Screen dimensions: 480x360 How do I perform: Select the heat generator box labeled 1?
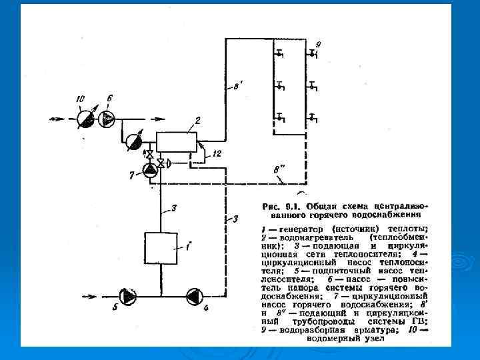click(160, 249)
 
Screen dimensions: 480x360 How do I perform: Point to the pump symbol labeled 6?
click(107, 119)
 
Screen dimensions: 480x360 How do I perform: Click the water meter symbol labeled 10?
click(85, 119)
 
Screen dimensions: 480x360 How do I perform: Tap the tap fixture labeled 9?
click(312, 53)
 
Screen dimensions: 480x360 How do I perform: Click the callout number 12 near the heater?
click(217, 154)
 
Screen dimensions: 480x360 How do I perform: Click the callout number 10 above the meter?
click(81, 99)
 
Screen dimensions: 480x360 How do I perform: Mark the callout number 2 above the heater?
click(198, 121)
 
